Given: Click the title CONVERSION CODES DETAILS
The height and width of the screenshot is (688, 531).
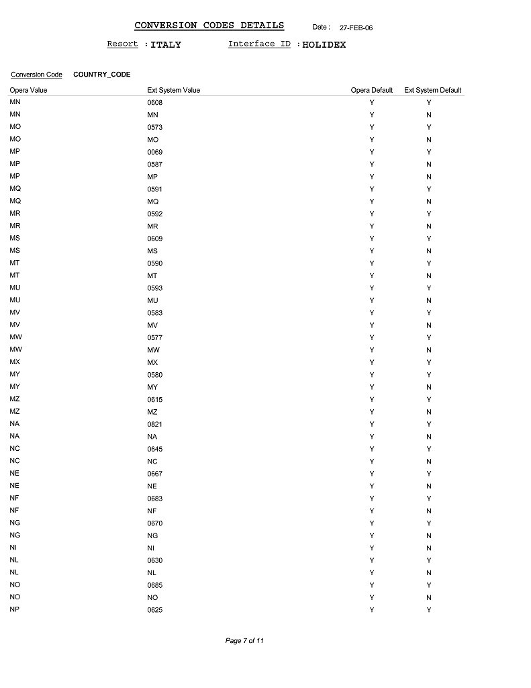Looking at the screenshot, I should tap(209, 26).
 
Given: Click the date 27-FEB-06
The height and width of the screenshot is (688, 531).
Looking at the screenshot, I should tap(356, 28).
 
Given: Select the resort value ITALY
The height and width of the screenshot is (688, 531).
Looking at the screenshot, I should tap(165, 45).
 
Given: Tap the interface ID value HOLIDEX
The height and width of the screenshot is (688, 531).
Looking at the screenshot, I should tap(324, 45).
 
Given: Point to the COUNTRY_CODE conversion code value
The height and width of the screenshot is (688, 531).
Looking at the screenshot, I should tap(101, 75).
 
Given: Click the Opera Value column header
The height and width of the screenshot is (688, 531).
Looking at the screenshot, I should tap(28, 90).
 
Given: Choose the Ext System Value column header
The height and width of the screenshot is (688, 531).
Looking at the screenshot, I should tap(173, 90).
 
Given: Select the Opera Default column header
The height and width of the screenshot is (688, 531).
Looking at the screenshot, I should tap(371, 90).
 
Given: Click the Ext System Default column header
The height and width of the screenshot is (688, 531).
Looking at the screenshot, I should tap(432, 90).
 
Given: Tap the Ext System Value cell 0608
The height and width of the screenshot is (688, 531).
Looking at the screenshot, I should tap(154, 103).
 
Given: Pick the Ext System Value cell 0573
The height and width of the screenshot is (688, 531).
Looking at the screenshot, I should tap(154, 128).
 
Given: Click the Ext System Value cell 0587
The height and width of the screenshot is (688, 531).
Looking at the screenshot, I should tap(154, 165).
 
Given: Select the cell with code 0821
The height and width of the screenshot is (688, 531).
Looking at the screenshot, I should tap(154, 425).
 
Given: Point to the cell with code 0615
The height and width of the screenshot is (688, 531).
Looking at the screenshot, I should tap(154, 400).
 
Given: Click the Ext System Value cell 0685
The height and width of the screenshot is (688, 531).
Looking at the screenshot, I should tap(154, 585).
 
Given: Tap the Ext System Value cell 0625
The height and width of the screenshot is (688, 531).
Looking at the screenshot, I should tap(154, 610).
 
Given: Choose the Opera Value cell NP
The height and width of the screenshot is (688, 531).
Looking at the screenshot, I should tap(15, 609).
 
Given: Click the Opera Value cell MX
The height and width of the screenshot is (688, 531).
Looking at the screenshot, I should tap(15, 362).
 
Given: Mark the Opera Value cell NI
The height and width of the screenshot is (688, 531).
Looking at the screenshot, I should tap(13, 548).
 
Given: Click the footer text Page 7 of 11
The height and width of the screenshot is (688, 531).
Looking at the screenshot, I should tap(244, 641).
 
